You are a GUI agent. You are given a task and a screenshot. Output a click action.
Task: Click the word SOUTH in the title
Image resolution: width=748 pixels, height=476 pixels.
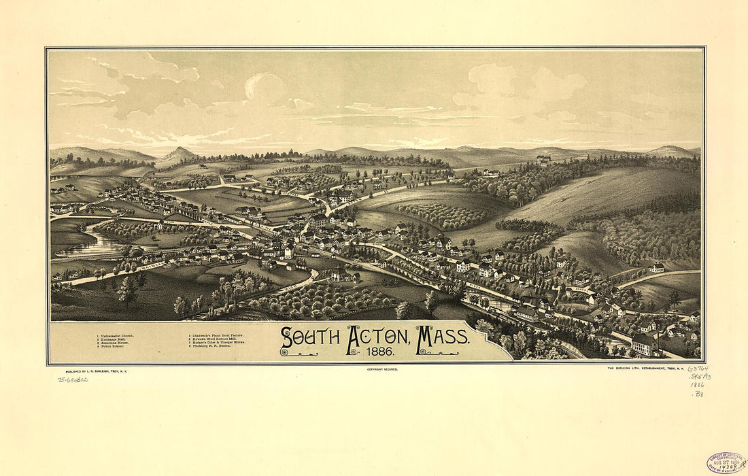point(309,337)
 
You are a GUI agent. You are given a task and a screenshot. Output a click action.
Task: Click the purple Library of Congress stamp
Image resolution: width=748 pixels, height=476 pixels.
point(726,462)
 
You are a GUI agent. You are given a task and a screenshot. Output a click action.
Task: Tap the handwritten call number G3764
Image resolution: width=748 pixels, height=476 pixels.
point(697,369)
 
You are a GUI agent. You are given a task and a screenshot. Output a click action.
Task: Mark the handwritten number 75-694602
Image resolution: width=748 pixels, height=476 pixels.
point(73,379)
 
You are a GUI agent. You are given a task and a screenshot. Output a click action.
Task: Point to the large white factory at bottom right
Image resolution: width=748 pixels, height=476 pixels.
point(645,344)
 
